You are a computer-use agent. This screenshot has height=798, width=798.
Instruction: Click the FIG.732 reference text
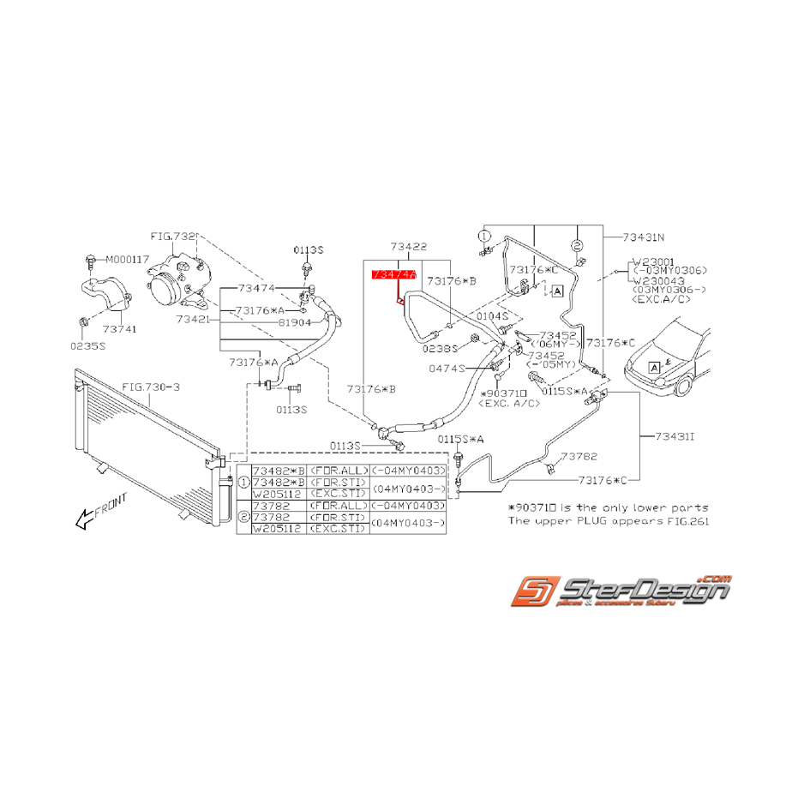coord(173,235)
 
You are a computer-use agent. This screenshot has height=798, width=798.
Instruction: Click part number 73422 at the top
coord(408,246)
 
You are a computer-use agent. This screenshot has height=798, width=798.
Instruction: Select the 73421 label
coord(195,318)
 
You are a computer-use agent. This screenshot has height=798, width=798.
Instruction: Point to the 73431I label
coord(675,437)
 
